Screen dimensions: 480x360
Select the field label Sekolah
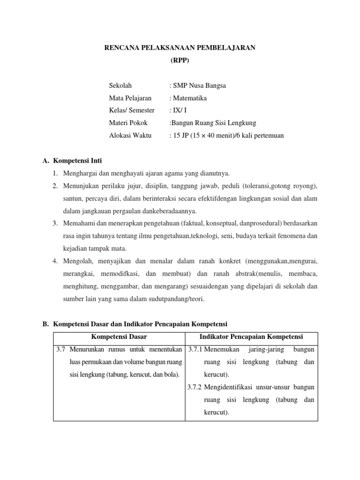pos(120,86)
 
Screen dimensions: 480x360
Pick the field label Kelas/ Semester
pos(132,111)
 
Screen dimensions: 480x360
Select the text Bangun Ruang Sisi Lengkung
pos(213,123)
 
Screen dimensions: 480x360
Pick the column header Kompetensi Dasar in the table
pos(119,337)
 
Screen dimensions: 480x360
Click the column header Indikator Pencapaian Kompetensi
pos(251,337)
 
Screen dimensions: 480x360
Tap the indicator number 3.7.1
pos(195,350)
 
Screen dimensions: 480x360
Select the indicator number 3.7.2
pos(195,387)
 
